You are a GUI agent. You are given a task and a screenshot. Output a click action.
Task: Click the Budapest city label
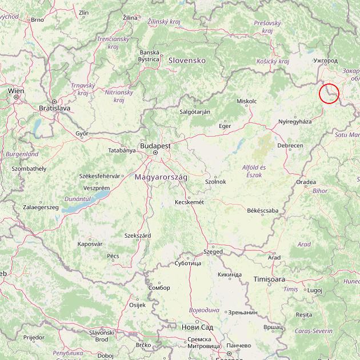point(155,146)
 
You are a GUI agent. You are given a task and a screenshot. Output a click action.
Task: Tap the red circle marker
point(329,93)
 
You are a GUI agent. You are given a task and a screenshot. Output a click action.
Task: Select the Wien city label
point(16,91)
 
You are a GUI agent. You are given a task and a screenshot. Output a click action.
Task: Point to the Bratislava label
point(54,107)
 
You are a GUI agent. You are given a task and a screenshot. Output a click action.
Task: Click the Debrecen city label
point(290,146)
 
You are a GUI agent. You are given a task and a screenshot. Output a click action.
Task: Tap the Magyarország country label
point(161,178)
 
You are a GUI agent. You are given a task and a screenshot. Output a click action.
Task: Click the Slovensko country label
point(186,60)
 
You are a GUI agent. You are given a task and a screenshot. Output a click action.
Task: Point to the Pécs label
point(113,256)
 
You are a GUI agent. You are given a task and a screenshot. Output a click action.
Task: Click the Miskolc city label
point(247,101)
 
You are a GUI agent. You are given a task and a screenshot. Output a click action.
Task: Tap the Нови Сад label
point(197,327)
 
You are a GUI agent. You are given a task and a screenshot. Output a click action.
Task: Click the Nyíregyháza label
point(295,122)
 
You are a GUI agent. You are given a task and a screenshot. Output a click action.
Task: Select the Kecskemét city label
point(189,202)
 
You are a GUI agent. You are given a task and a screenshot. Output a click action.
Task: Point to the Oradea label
point(306,182)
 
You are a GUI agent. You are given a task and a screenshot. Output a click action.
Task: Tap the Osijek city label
point(138,305)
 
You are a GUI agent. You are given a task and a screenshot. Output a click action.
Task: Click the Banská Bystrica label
point(149,55)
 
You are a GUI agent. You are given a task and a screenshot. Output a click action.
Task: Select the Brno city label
point(37,19)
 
